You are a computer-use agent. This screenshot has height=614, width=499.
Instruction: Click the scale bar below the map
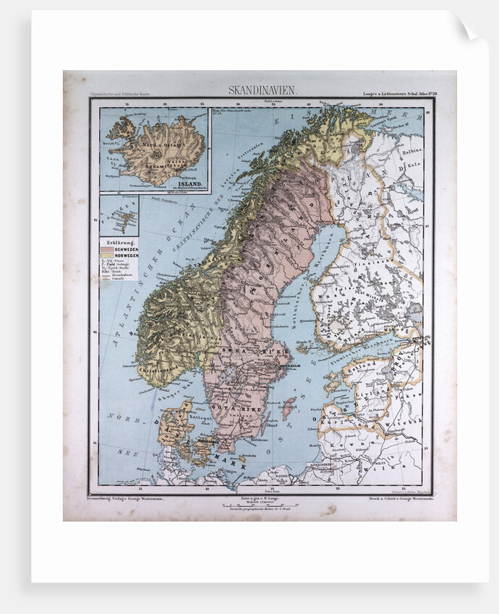click(259, 504)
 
